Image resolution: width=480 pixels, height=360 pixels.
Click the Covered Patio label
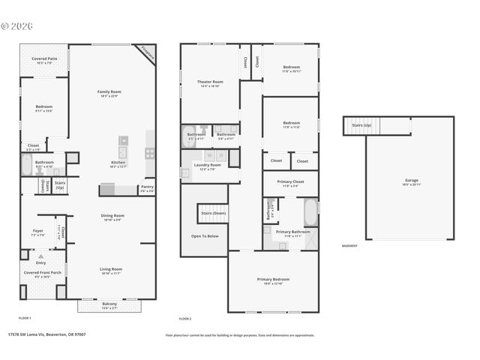tap(44, 60)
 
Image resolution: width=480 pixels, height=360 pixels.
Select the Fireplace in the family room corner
tap(147, 53)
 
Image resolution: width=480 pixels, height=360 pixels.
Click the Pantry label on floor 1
tap(147, 188)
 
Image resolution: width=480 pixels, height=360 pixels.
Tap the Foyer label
tap(37, 232)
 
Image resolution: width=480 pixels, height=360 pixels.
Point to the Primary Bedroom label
tap(273, 280)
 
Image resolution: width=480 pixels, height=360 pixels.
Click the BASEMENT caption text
tap(349, 246)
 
